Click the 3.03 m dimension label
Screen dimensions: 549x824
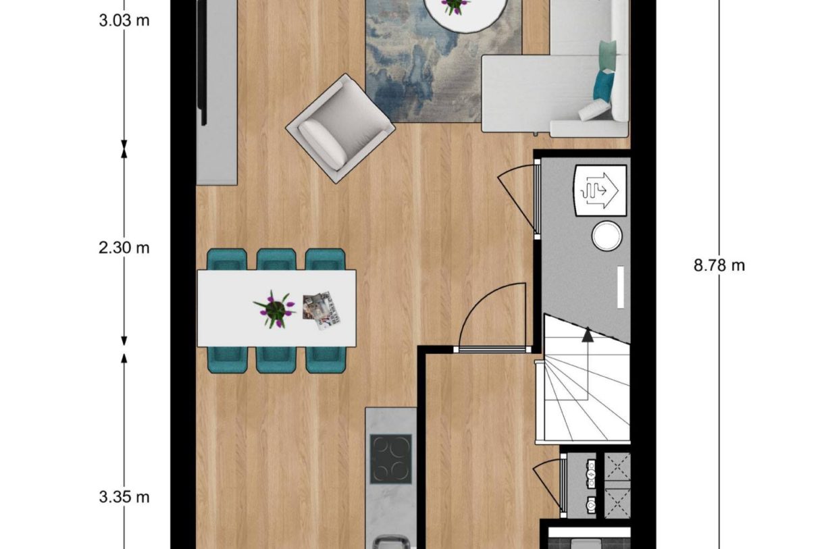pos(124,20)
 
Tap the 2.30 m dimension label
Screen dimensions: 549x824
pos(124,248)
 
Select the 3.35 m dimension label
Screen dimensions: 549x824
pos(124,497)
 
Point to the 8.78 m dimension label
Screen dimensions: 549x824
pos(719,265)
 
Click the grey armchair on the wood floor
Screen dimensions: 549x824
pos(340,128)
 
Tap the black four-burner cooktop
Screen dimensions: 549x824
pos(390,459)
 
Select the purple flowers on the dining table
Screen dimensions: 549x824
pos(274,308)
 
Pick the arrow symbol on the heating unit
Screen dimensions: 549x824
pos(600,190)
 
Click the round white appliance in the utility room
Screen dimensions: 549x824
pos(607,237)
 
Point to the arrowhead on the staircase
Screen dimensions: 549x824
pos(588,333)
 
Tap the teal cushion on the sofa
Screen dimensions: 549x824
pos(604,86)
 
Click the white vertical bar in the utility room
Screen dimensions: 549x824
pos(620,287)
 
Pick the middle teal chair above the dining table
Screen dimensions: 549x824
pos(276,259)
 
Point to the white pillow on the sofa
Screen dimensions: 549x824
pos(594,109)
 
